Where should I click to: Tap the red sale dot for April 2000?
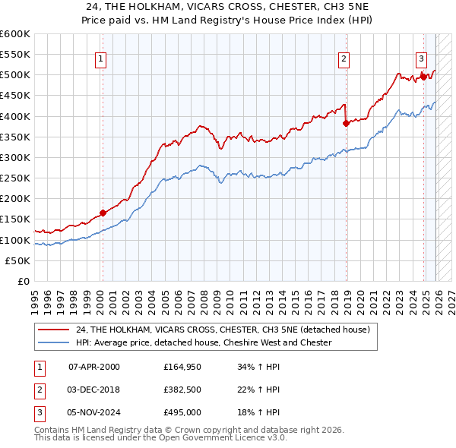(103, 213)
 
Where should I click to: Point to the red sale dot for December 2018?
(346, 123)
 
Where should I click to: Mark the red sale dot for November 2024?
(423, 76)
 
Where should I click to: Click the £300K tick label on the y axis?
(14, 157)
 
